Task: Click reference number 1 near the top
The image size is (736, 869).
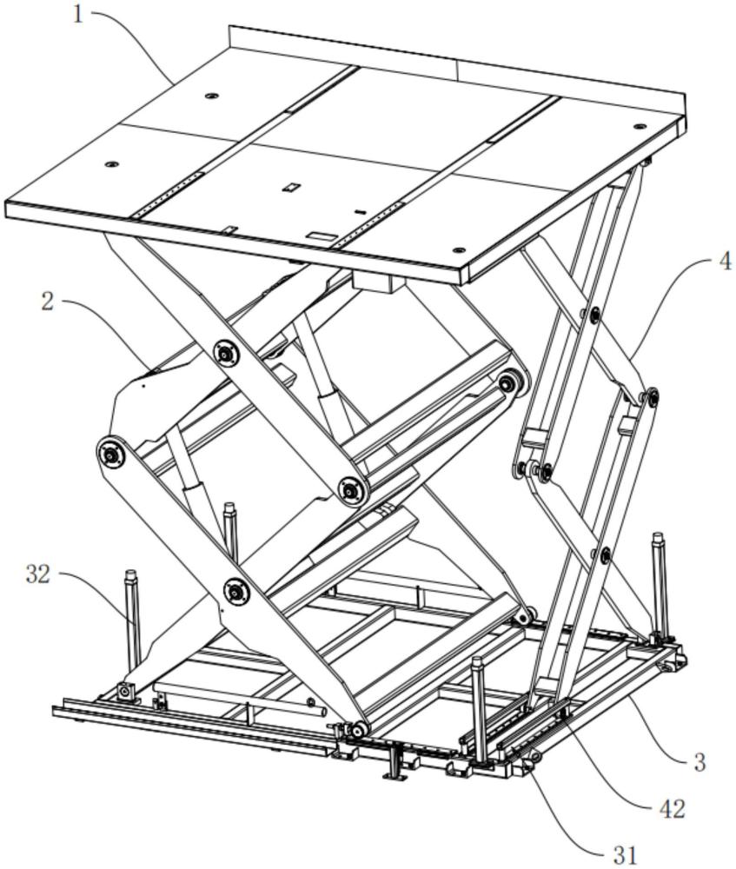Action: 79,15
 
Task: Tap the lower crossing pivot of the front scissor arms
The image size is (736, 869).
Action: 234,592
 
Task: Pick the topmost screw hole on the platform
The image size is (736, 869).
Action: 210,95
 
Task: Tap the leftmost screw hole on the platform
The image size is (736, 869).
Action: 110,163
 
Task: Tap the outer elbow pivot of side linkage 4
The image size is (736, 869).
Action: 648,398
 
